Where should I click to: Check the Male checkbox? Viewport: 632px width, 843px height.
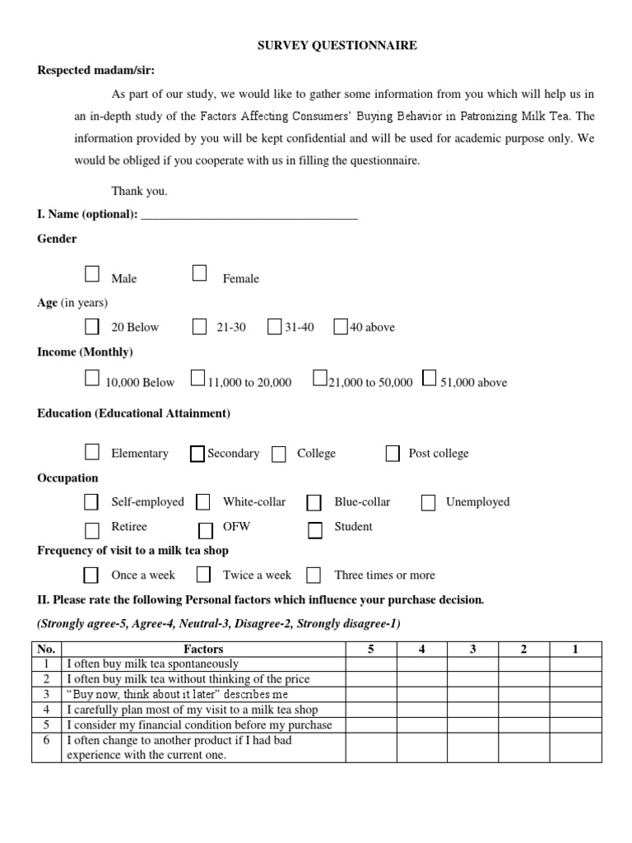pos(92,274)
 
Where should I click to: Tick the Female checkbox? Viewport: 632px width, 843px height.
pos(199,273)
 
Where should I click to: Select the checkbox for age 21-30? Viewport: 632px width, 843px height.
pos(199,327)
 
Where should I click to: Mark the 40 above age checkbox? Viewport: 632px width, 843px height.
pos(341,327)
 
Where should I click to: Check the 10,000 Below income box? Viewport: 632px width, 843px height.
pos(92,378)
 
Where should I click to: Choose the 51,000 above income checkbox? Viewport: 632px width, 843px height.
pos(429,378)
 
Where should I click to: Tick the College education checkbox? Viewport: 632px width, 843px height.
pos(280,454)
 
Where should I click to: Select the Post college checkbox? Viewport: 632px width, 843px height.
pos(393,453)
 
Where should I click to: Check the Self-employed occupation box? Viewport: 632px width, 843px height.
pos(92,502)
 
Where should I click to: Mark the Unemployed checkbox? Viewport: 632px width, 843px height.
pos(428,502)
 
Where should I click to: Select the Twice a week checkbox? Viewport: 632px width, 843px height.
pos(203,574)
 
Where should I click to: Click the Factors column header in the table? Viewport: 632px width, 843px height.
pos(203,649)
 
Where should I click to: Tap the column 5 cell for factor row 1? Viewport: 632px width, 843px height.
pos(370,664)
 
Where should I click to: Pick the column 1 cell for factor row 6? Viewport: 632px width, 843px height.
pos(575,747)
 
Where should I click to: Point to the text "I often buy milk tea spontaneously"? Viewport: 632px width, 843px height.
pos(153,664)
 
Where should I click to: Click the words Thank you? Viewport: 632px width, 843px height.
pos(139,191)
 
